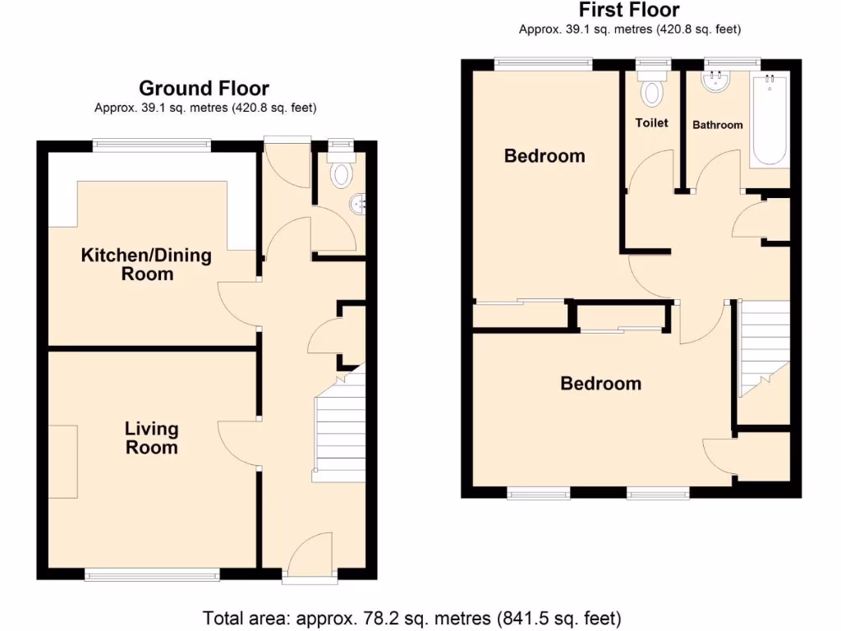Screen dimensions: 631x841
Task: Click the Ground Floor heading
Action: pos(204,89)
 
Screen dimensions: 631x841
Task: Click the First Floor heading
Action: pos(629,11)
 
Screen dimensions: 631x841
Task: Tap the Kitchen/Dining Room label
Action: pos(146,265)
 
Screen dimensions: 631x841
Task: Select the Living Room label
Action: pos(152,438)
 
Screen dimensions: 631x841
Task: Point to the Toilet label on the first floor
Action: pos(652,123)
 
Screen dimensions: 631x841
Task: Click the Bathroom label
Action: pos(718,125)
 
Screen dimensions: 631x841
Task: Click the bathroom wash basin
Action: pos(716,81)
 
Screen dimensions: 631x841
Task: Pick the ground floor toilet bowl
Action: pos(339,173)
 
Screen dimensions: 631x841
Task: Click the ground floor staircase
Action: pos(339,431)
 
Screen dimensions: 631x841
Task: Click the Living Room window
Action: pos(152,576)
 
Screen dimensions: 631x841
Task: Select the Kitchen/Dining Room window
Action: pos(151,145)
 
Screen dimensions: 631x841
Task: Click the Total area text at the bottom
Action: pos(411,617)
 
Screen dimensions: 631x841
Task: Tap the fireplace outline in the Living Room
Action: pos(63,461)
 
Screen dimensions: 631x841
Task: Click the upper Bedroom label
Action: pos(545,156)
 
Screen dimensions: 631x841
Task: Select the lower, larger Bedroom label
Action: pos(600,384)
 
